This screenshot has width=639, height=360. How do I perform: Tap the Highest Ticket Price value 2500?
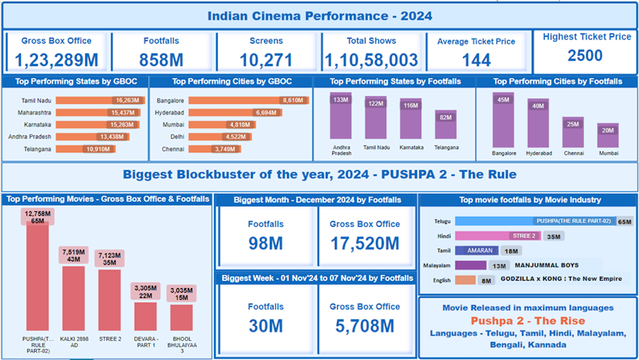585,55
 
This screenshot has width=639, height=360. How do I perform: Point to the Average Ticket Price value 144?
476,60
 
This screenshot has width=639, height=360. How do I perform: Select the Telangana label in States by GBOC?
37,149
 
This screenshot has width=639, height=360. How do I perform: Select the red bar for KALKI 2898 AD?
74,299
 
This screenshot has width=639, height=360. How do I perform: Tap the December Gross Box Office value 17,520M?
364,244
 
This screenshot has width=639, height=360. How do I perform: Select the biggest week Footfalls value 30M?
266,326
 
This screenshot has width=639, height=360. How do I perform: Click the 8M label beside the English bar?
486,280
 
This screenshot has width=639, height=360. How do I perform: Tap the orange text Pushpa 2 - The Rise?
528,321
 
